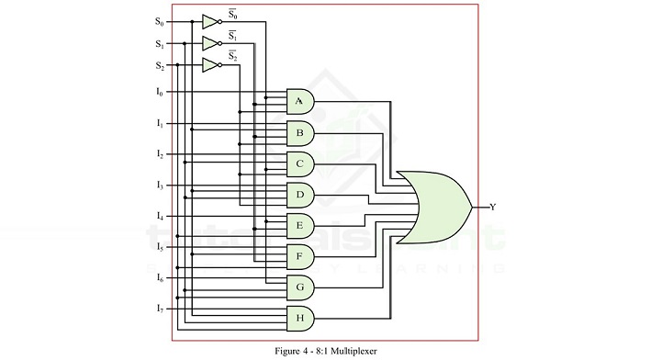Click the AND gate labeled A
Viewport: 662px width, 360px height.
300,101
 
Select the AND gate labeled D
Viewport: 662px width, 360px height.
300,195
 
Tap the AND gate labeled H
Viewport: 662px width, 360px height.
300,319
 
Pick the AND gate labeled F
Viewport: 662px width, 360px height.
300,256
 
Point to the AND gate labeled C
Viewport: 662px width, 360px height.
300,163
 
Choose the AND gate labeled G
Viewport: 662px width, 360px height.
300,287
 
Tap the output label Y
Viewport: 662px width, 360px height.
493,208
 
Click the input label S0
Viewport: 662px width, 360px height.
159,20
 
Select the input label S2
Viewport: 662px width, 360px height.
159,65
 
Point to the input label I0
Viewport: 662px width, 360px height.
159,92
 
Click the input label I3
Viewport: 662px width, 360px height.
159,186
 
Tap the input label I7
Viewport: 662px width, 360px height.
159,308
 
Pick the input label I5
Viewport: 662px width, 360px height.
159,247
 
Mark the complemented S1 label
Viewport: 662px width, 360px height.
232,35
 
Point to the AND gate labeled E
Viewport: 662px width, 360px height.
300,225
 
